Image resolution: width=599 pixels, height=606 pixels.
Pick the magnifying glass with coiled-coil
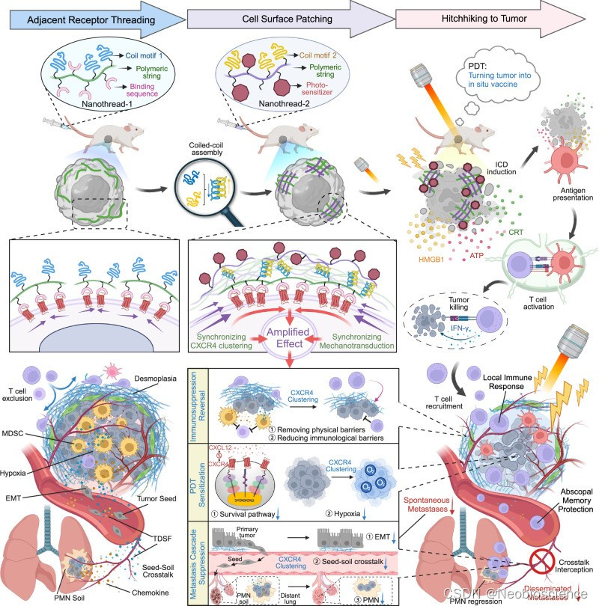tap(203, 183)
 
